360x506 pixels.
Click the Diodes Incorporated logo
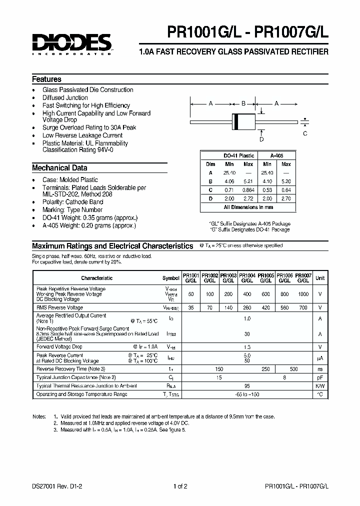(x=72, y=43)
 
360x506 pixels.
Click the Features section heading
(x=46, y=79)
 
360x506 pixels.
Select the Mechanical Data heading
(x=59, y=168)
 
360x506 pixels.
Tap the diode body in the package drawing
(x=243, y=121)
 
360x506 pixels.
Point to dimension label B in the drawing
(x=243, y=103)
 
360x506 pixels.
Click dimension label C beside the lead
(x=305, y=133)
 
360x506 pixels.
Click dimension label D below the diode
(x=261, y=139)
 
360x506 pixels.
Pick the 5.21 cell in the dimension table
(x=248, y=181)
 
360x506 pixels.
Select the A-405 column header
(x=276, y=155)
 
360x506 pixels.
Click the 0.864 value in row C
(x=248, y=189)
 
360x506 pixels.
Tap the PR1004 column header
(x=247, y=278)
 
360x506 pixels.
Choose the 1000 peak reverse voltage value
(x=303, y=294)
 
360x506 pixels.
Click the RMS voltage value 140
(x=228, y=308)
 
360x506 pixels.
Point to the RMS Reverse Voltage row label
(x=59, y=308)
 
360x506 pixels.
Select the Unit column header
(x=320, y=278)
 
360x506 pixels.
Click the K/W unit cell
(x=320, y=386)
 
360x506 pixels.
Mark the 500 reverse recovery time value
(x=293, y=369)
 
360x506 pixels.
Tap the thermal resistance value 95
(x=246, y=386)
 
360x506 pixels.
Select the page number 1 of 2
(x=180, y=486)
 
